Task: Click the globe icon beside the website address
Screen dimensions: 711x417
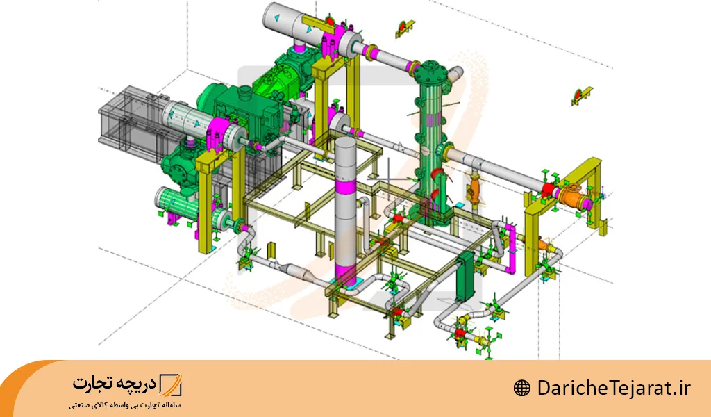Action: (x=521, y=389)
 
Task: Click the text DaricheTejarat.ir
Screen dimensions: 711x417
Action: (x=614, y=389)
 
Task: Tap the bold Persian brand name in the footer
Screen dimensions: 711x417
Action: (x=114, y=384)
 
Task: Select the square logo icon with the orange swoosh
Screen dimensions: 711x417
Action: (x=171, y=385)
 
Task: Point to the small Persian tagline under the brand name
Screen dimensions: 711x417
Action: (x=125, y=404)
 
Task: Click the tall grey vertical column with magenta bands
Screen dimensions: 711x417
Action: (x=346, y=213)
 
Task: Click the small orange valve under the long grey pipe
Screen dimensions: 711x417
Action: (x=474, y=189)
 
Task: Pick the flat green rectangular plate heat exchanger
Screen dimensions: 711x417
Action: (x=465, y=277)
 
